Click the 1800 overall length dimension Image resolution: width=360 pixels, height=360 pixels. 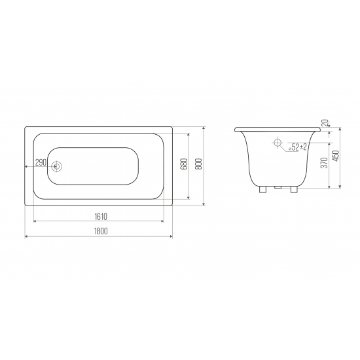click(100, 230)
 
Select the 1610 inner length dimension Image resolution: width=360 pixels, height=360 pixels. click(100, 215)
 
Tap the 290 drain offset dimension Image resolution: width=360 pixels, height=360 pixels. click(39, 162)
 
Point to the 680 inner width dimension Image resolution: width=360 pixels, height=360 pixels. click(184, 164)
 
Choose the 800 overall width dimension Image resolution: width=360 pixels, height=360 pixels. click(199, 164)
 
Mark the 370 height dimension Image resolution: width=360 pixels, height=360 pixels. click(323, 164)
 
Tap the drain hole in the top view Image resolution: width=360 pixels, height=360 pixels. click(57, 166)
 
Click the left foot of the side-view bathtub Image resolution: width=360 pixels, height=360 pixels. click(262, 191)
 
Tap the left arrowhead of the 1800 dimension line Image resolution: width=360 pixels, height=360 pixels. click(26, 236)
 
